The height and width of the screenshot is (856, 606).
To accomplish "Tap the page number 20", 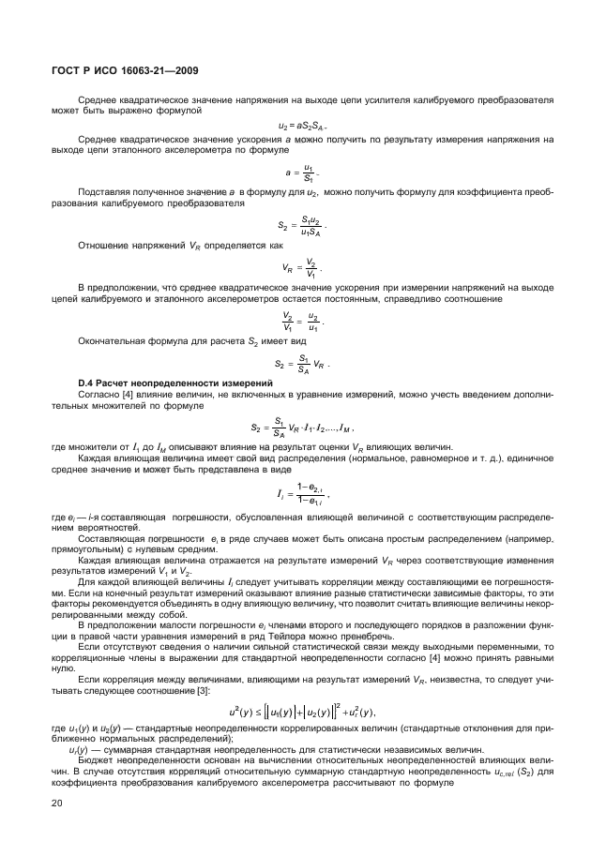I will click(56, 803).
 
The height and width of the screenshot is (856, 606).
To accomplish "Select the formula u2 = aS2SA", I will click(302, 126).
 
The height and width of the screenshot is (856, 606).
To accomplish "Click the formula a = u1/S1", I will click(302, 173).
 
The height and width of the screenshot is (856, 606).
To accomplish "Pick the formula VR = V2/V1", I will click(302, 267).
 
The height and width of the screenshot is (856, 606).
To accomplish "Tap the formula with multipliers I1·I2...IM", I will click(302, 428).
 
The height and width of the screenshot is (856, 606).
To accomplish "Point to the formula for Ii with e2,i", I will click(302, 494).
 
